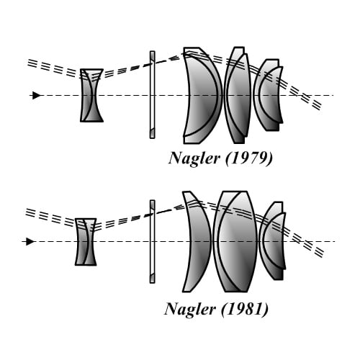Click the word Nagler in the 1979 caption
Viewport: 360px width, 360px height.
(194, 159)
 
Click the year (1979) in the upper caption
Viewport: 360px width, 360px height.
(249, 158)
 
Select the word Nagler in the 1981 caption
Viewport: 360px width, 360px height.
(190, 310)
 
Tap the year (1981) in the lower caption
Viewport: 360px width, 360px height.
(245, 309)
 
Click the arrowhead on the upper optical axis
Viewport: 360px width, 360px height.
(36, 95)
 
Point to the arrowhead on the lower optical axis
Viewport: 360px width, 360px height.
(30, 241)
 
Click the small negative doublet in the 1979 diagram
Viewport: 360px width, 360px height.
(91, 95)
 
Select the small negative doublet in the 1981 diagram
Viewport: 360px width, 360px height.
(86, 242)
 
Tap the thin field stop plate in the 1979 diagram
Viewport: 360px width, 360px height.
(152, 95)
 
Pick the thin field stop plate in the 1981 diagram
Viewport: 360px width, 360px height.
(152, 242)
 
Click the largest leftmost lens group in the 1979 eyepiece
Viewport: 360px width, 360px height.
(202, 95)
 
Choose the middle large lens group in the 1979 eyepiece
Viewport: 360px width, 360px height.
(238, 95)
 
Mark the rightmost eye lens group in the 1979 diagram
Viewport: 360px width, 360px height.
(269, 95)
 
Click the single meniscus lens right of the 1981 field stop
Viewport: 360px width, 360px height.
(197, 242)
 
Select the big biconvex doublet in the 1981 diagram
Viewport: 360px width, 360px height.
(235, 242)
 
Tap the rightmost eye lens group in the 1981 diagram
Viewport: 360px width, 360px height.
(272, 240)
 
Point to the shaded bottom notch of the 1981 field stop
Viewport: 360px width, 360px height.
(152, 278)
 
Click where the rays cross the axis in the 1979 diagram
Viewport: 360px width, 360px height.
(303, 95)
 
